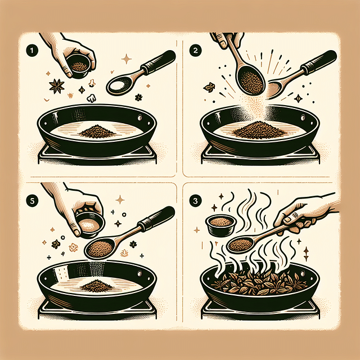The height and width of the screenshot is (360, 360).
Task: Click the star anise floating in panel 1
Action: (x=56, y=86)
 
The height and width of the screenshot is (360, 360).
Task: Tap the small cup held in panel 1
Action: (x=79, y=66)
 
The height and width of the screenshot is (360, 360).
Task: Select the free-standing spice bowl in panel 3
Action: (x=220, y=224)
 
